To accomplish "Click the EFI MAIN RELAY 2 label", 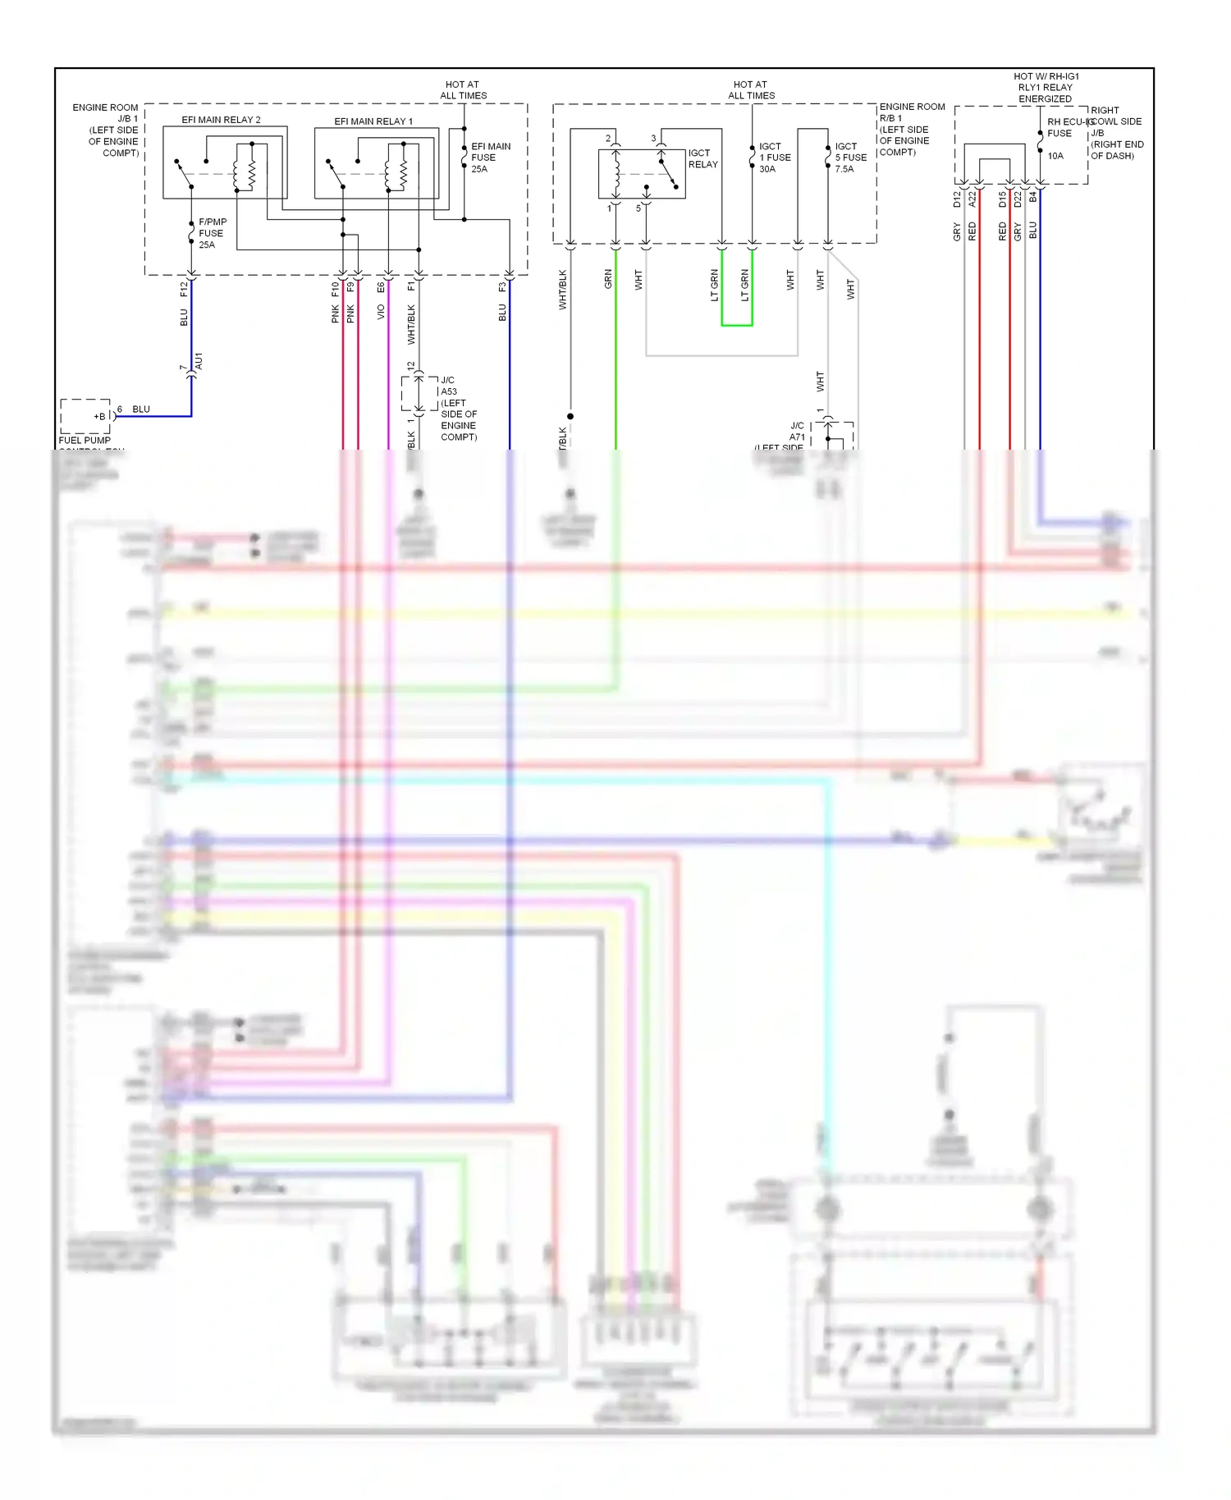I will [x=221, y=120].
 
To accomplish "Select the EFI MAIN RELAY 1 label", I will [x=373, y=121].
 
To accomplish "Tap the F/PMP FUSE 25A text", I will [x=212, y=233].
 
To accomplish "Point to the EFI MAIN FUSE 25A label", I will [x=490, y=158].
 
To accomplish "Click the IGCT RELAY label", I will [x=702, y=158].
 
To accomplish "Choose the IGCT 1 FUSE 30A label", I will [x=775, y=158].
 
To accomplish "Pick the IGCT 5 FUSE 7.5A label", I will [x=850, y=158].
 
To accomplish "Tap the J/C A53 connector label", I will [x=448, y=386].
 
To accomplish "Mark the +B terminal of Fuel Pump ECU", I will [x=99, y=416].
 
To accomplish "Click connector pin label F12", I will [x=184, y=288].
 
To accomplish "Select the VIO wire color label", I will [x=381, y=313].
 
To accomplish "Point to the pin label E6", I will [x=381, y=287].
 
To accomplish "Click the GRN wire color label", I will [x=608, y=279].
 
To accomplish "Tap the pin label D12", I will [x=957, y=199].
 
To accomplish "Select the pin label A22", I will [x=972, y=199].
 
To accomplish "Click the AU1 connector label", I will [x=199, y=360].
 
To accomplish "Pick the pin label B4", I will [x=1033, y=197].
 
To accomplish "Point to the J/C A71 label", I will [x=797, y=432].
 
